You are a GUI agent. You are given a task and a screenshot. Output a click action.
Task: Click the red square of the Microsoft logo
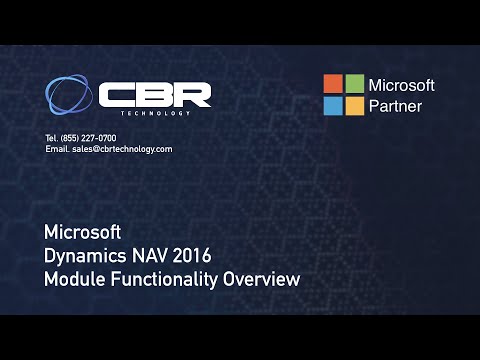point(332,84)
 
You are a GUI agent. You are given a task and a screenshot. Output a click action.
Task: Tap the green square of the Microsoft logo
point(354,84)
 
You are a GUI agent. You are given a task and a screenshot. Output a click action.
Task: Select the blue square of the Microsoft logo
point(332,106)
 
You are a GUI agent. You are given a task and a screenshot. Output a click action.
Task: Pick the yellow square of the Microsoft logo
point(354,106)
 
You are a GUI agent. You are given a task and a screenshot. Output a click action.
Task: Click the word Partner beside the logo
point(396,106)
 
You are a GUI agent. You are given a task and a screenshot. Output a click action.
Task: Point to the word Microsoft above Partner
point(402,85)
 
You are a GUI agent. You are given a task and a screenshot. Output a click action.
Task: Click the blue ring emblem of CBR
point(69,95)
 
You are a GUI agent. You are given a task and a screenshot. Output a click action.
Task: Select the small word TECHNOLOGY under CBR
point(155,113)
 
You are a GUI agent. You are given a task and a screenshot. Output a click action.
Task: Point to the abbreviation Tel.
point(51,137)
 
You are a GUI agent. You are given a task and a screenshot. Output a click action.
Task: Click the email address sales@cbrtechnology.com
point(122,149)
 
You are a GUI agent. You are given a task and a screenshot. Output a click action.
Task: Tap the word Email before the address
point(56,149)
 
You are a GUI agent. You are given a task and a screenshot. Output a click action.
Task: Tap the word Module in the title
point(73,280)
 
